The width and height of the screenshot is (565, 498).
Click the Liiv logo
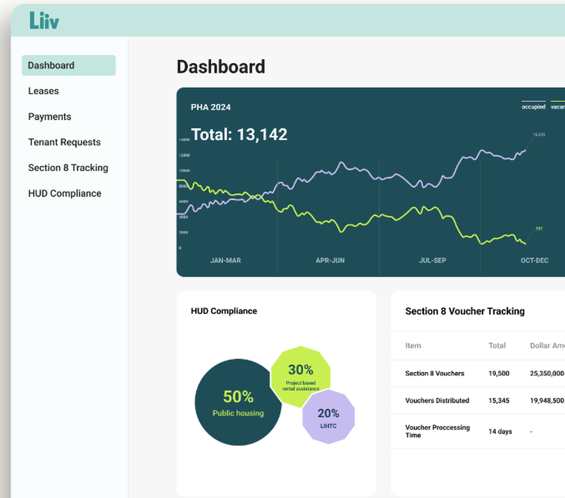[x=44, y=20]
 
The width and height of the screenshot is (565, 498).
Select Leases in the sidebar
[x=44, y=91]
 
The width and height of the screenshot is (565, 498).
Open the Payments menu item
[x=50, y=116]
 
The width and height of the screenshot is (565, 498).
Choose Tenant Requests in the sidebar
[x=64, y=142]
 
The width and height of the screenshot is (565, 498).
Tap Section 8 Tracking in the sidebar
[x=68, y=168]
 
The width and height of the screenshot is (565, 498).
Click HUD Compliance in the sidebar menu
[x=64, y=193]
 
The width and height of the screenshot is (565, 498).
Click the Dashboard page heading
[x=220, y=67]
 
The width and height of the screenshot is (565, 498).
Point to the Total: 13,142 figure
[x=239, y=135]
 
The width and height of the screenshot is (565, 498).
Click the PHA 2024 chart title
[x=211, y=107]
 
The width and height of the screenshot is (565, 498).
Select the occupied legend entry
[x=533, y=106]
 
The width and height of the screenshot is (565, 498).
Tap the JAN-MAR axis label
[x=225, y=261]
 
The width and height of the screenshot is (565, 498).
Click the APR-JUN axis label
[x=330, y=261]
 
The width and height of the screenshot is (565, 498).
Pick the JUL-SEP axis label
[x=432, y=261]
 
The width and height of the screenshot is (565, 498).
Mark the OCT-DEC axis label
[x=534, y=261]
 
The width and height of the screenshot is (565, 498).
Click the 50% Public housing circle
[x=237, y=402]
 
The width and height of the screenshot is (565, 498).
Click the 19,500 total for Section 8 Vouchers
[x=499, y=374]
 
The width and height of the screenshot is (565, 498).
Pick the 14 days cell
[x=500, y=431]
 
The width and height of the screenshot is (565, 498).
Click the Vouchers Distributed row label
[x=437, y=401]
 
